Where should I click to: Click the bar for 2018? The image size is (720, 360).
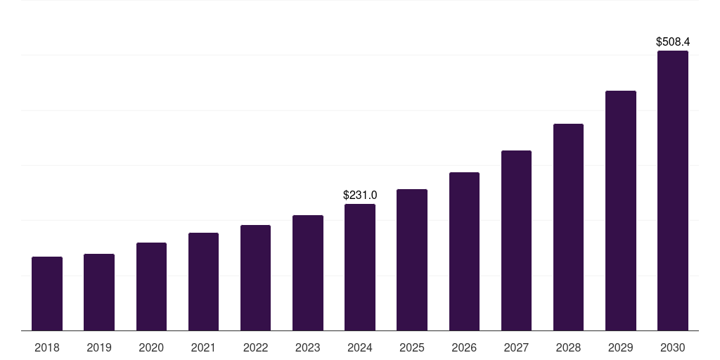point(47,293)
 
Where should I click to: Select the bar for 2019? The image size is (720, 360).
point(99,292)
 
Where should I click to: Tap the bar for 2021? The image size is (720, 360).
point(203,281)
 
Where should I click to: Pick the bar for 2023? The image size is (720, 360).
point(308,273)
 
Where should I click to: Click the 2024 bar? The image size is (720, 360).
point(360,267)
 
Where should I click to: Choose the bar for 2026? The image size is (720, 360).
point(464,251)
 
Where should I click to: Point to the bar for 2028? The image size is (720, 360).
point(568,227)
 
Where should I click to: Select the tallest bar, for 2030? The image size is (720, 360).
point(672,191)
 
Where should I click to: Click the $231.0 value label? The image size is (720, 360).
point(360,195)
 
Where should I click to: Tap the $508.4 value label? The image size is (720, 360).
point(673,42)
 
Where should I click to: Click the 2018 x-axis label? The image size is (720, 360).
point(47,347)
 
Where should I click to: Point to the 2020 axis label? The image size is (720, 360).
point(151,347)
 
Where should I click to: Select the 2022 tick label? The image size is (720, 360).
point(256,347)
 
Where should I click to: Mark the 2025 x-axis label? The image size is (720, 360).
point(412,347)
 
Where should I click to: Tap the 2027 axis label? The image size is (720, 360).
point(516,347)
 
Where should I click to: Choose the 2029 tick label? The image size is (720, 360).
point(620,347)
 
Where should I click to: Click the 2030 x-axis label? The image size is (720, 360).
point(672,347)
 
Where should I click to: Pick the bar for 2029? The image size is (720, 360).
point(620,210)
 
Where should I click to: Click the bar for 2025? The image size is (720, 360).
point(412,259)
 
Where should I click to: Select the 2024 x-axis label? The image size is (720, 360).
point(360,347)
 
